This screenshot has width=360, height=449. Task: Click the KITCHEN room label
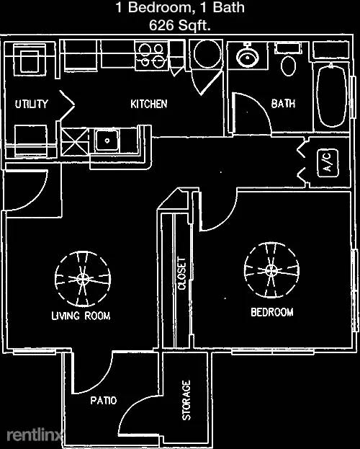click(x=149, y=104)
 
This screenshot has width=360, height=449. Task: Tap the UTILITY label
click(x=32, y=104)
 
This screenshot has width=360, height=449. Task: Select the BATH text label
click(x=283, y=103)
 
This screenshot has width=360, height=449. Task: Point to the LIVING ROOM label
click(x=81, y=316)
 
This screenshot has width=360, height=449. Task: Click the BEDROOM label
click(x=272, y=312)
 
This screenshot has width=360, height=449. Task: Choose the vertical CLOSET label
click(x=182, y=273)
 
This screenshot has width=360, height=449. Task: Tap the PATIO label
click(x=104, y=400)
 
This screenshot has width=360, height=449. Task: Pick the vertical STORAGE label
click(x=186, y=400)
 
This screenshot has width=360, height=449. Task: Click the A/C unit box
click(x=328, y=163)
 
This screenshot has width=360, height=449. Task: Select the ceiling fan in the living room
click(x=83, y=279)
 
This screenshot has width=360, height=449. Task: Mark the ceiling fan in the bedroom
click(x=271, y=270)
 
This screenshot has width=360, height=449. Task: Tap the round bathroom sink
click(x=248, y=57)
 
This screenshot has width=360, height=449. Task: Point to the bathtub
click(x=331, y=96)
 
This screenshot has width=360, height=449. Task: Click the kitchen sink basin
click(x=107, y=141)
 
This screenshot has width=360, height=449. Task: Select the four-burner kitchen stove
click(x=151, y=55)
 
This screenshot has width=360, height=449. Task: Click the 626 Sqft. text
click(x=180, y=25)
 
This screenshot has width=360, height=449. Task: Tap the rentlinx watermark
click(x=35, y=435)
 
